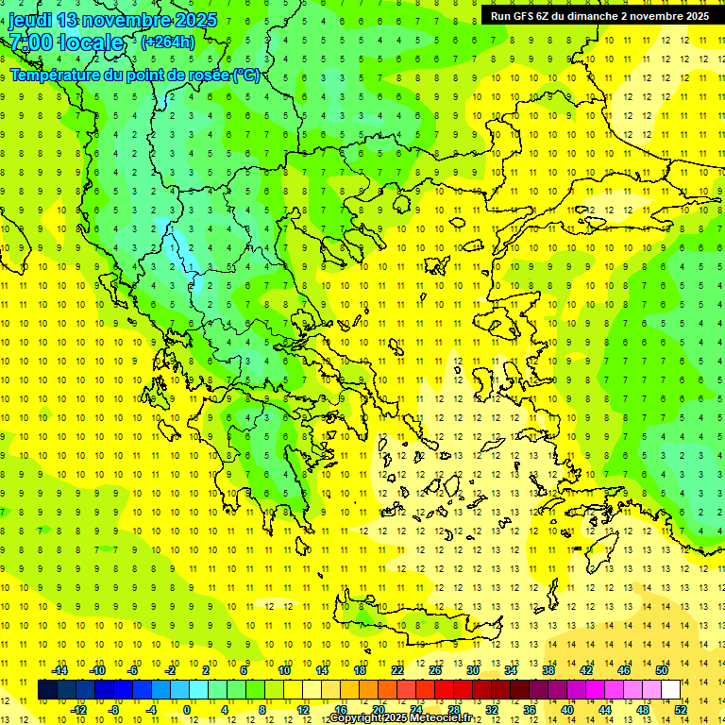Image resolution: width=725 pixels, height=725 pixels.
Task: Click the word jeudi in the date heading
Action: coord(30,20)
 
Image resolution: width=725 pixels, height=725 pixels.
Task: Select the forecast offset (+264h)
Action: coord(167,42)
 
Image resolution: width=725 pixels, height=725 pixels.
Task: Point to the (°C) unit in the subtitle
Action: coord(246,76)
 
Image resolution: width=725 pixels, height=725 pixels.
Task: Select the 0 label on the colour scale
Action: coord(188,709)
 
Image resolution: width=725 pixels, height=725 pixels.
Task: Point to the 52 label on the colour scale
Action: coord(681,709)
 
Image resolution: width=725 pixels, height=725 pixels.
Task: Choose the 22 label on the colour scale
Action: coord(397,670)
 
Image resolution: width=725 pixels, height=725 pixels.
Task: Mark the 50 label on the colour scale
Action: coord(661,670)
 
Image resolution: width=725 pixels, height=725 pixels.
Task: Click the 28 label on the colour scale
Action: coord(454,709)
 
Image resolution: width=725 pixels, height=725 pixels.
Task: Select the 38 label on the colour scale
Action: coord(548,670)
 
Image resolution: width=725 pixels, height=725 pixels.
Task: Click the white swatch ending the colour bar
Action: coord(670,689)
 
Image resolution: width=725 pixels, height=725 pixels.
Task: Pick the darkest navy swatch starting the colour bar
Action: coord(47,689)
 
